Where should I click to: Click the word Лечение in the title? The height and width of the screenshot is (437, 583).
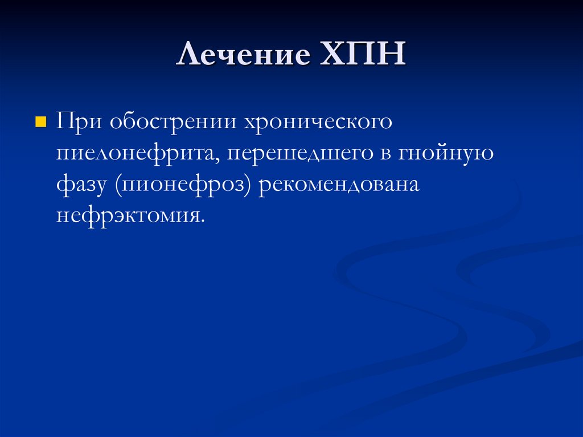tap(244, 56)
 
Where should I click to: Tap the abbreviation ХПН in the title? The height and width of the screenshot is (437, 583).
tap(363, 56)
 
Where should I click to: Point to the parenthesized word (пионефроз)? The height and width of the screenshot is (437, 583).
tap(184, 186)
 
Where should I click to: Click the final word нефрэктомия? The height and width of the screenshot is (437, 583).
tap(128, 216)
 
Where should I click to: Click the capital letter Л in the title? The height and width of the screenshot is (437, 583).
tap(187, 56)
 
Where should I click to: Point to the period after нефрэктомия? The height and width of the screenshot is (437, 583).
tap(202, 222)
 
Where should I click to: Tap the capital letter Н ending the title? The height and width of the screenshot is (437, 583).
tap(393, 56)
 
